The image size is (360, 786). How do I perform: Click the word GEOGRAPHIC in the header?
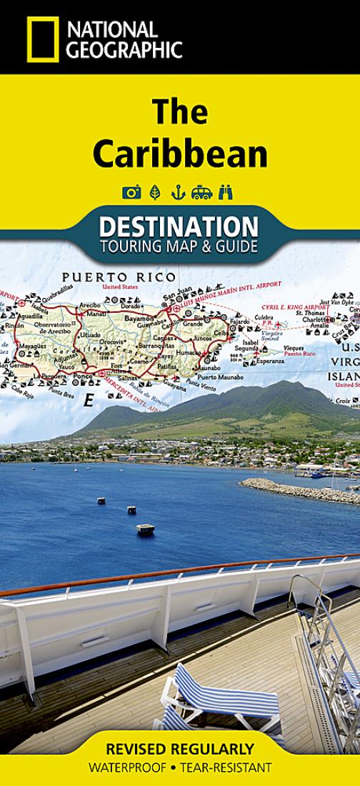pos(124,49)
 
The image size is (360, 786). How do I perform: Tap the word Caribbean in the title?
pos(180,154)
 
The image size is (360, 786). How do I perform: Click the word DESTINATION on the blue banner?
pos(179,227)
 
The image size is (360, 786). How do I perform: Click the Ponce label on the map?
pos(84,375)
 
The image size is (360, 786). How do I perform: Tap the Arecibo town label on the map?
pos(91,304)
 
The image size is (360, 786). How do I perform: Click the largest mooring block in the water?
pos(146,529)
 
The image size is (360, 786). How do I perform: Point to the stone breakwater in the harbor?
pos(300,492)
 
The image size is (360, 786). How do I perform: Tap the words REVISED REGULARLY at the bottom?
pos(180,750)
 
